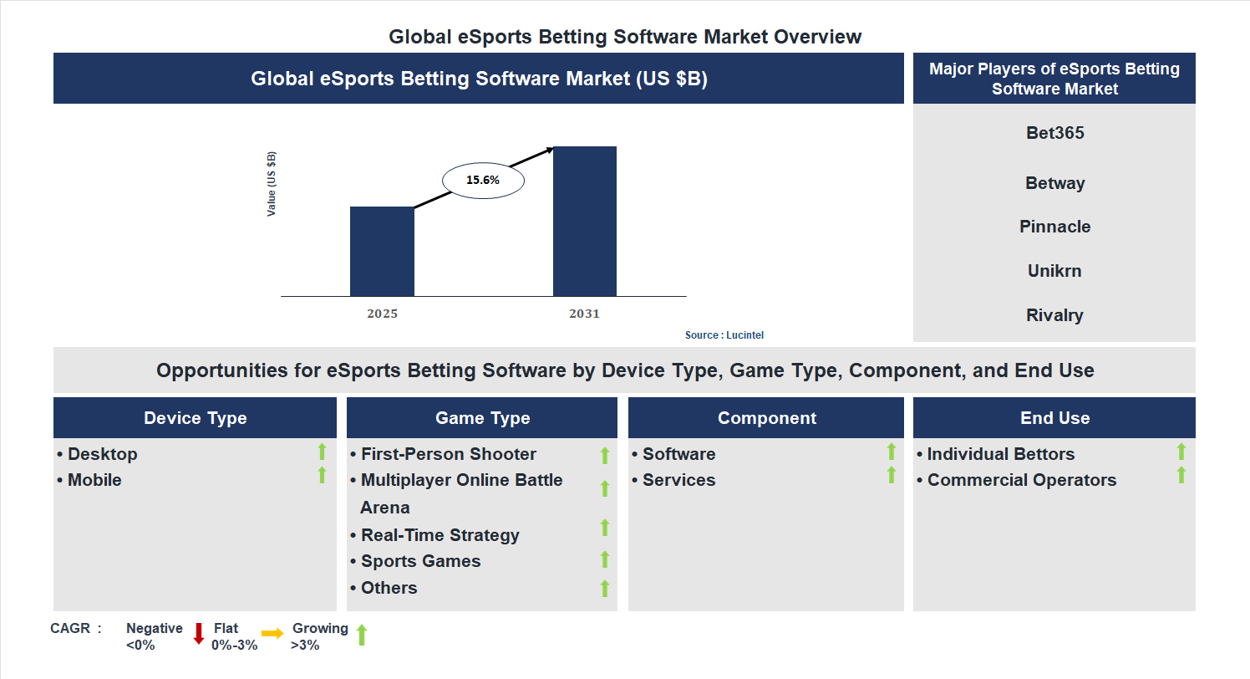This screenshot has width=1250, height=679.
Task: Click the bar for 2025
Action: point(382,251)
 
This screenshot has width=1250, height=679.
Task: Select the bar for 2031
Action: point(585,221)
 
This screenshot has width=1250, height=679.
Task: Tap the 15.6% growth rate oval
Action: point(483,180)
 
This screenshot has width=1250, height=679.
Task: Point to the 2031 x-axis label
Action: point(584,314)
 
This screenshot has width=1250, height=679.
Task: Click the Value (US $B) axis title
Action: point(272,184)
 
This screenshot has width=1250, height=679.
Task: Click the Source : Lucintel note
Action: point(724,335)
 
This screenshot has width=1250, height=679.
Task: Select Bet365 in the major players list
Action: point(1054,133)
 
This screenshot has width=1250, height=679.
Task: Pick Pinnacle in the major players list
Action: point(1054,227)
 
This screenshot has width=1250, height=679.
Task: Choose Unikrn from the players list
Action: point(1054,271)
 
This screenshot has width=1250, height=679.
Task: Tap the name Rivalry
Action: point(1054,315)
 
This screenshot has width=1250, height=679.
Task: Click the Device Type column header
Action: point(195,418)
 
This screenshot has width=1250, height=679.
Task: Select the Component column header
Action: point(766,418)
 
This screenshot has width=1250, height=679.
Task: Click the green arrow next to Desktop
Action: point(322,452)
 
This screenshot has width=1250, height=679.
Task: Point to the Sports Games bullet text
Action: point(420,561)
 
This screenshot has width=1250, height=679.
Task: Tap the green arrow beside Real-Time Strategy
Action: point(605,528)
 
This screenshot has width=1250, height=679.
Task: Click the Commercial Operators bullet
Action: point(1021,480)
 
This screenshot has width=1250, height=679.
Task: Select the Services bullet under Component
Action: point(678,480)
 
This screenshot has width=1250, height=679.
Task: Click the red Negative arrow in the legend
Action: point(199,633)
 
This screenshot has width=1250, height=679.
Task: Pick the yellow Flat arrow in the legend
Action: point(272,634)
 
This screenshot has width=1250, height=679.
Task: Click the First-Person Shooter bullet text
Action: point(448,454)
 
